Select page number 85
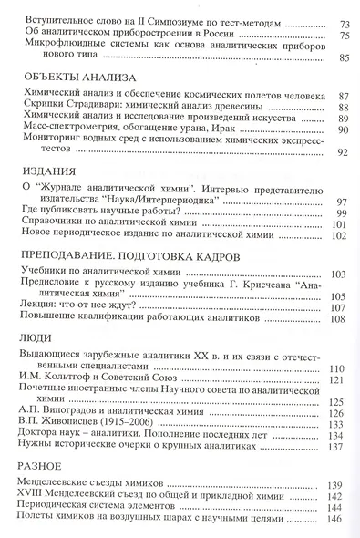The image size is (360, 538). click(344, 59)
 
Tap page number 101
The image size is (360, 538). click(341, 223)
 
